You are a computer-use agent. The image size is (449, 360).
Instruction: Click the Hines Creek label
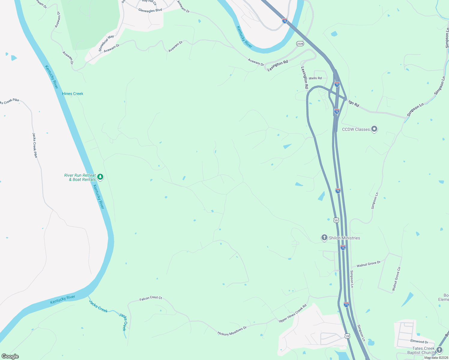tap(73, 94)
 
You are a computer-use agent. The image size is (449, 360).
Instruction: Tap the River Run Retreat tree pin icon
tap(101, 177)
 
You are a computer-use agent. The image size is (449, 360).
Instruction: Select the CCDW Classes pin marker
tap(374, 129)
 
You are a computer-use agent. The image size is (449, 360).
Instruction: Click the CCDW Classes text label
tap(356, 130)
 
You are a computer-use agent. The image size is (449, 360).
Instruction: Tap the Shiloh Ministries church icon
tap(324, 238)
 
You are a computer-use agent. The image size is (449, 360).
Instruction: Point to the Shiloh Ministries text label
tap(344, 238)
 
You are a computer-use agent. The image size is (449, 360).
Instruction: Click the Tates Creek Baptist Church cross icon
tap(439, 350)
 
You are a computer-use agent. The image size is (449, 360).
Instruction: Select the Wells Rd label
tap(315, 78)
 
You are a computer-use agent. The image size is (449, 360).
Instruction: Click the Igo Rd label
tap(354, 104)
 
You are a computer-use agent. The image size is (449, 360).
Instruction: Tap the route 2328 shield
tap(300, 44)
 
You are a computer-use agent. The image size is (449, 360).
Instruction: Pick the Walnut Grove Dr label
tap(368, 264)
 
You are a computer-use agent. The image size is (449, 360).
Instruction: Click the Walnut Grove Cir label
tap(396, 279)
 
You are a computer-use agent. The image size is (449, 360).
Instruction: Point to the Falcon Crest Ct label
tap(151, 298)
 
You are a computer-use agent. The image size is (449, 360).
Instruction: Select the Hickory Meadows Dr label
tap(232, 331)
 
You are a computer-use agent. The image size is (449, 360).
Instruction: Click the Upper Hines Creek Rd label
tap(293, 313)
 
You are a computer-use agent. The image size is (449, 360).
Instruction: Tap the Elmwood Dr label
tap(419, 341)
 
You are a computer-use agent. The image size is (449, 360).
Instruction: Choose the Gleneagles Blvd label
tap(150, 10)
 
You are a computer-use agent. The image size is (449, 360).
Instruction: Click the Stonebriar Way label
tap(106, 43)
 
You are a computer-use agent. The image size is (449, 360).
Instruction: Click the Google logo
tap(10, 356)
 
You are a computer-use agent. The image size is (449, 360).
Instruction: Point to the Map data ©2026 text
tap(436, 358)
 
